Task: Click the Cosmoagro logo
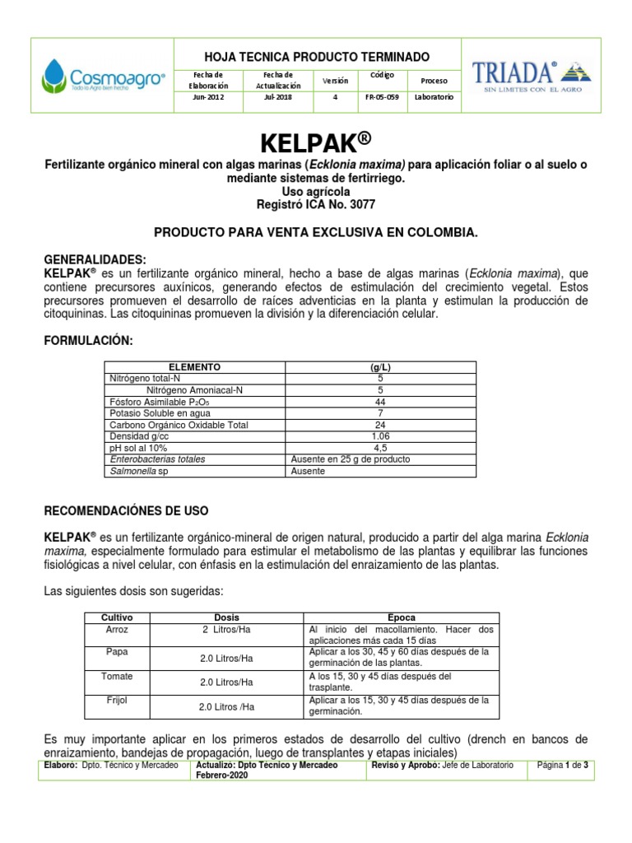pyautogui.click(x=102, y=75)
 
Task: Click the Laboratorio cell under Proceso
pyautogui.click(x=434, y=97)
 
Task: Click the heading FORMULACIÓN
pyautogui.click(x=87, y=341)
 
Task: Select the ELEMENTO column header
pyautogui.click(x=194, y=366)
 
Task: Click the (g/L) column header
pyautogui.click(x=380, y=366)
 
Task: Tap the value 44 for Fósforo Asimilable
pyautogui.click(x=380, y=402)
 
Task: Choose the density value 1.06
pyautogui.click(x=380, y=436)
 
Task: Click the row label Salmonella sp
pyautogui.click(x=137, y=471)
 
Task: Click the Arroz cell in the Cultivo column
pyautogui.click(x=116, y=629)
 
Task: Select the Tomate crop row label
pyautogui.click(x=116, y=676)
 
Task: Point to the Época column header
pyautogui.click(x=401, y=617)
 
